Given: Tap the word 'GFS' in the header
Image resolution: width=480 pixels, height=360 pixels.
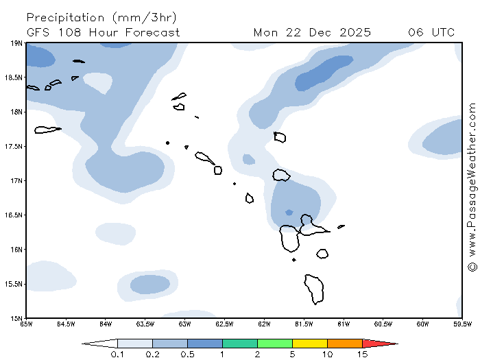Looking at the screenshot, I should point(40,32).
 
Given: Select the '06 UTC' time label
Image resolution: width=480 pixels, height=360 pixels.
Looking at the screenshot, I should point(431,32).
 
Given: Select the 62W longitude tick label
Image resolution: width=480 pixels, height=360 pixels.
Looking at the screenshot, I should point(264,324).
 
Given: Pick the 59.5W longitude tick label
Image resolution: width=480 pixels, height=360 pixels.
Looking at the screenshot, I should point(461,324).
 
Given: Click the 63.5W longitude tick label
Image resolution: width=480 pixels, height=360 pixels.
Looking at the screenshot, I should point(145,324).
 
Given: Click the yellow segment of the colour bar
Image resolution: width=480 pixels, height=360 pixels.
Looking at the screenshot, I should point(310,343).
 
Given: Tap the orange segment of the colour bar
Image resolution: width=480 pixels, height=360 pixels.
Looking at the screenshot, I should point(345,343).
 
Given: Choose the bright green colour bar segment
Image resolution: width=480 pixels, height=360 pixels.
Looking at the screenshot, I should point(275,343).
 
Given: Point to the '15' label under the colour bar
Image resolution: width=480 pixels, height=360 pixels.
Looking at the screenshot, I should point(363,355).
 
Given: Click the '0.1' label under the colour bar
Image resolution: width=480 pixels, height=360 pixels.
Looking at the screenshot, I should point(117,355).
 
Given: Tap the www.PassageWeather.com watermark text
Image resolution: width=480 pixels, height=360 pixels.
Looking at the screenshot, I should point(472,179).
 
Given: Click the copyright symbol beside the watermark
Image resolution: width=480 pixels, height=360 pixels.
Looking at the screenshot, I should point(472,266).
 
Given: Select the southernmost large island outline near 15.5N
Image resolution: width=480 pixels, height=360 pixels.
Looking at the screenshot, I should point(315,289).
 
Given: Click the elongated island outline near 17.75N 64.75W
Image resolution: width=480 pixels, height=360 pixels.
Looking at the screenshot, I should point(47,130).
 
